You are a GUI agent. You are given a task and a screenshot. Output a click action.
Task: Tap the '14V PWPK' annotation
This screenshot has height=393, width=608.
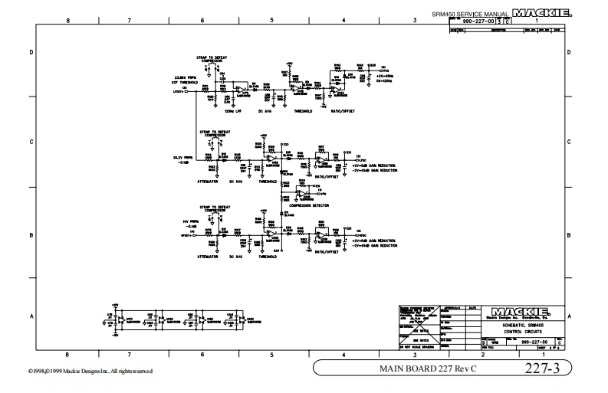[189, 221]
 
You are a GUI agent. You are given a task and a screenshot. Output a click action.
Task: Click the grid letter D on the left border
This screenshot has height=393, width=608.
[31, 52]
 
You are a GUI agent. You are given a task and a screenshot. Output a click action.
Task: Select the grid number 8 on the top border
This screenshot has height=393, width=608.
[68, 21]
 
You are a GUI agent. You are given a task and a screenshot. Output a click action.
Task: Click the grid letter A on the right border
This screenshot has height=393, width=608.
[568, 316]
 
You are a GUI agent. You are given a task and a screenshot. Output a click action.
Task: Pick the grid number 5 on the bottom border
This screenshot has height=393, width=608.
[272, 354]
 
